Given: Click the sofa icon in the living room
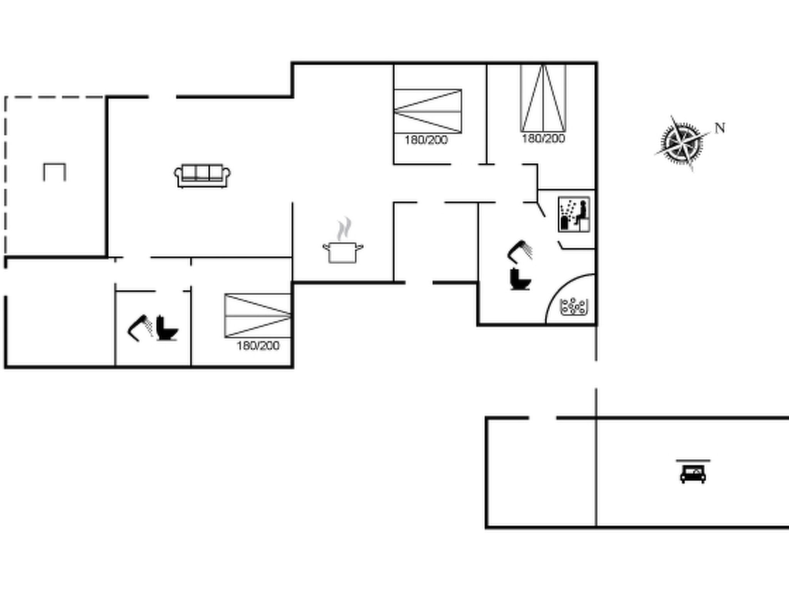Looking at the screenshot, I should point(202,176).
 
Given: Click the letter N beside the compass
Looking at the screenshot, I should point(720,128).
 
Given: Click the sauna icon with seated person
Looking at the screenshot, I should point(574,214).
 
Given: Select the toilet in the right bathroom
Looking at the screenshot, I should point(520,279).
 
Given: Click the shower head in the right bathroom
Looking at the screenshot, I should point(520,251).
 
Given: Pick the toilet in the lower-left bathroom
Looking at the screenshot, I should point(167,329).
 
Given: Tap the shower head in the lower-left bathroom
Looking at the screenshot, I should point(139,328).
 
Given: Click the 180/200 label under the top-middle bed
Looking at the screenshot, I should point(426,140).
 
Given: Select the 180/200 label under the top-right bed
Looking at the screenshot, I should point(543,139).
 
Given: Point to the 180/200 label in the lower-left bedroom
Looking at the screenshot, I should point(258,346).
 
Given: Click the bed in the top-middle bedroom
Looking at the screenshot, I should point(428,111).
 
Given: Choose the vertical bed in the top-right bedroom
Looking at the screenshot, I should point(543,98).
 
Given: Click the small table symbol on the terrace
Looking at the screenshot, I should point(54,172).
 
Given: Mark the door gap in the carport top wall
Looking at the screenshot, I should point(542,418).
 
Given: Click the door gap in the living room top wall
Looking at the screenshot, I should point(163,97).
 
